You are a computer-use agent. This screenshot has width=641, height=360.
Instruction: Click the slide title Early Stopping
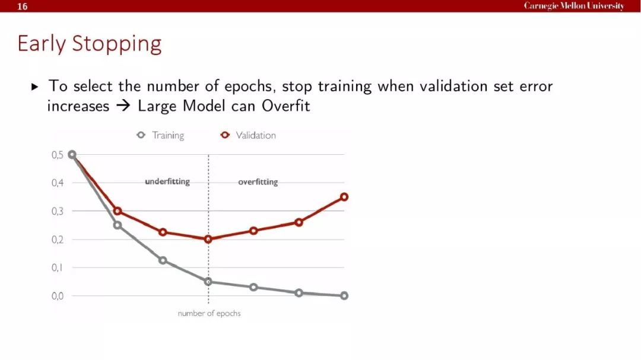pyautogui.click(x=90, y=44)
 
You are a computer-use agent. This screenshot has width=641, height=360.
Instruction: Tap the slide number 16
pyautogui.click(x=23, y=7)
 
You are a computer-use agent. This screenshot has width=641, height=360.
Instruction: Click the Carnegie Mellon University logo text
pyautogui.click(x=574, y=6)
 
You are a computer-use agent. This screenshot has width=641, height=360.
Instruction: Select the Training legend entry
pyautogui.click(x=160, y=135)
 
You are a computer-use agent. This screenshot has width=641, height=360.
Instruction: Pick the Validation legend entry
pyautogui.click(x=248, y=135)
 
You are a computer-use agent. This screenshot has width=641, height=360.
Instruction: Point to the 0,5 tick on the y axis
pyautogui.click(x=57, y=155)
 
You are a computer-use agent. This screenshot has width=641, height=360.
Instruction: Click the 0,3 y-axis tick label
pyautogui.click(x=57, y=211)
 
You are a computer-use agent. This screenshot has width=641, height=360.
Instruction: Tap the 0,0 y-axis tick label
pyautogui.click(x=57, y=296)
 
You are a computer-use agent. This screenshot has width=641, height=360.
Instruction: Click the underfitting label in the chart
pyautogui.click(x=167, y=181)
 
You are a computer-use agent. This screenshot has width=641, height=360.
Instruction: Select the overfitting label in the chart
pyautogui.click(x=258, y=182)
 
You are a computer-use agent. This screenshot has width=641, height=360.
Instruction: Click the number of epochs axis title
pyautogui.click(x=209, y=313)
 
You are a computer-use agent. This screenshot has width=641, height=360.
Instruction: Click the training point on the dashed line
pyautogui.click(x=208, y=282)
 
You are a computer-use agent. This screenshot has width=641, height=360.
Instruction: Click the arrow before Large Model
pyautogui.click(x=123, y=106)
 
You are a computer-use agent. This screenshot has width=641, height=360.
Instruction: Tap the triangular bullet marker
pyautogui.click(x=35, y=87)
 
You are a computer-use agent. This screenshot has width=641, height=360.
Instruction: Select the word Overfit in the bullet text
pyautogui.click(x=285, y=106)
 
